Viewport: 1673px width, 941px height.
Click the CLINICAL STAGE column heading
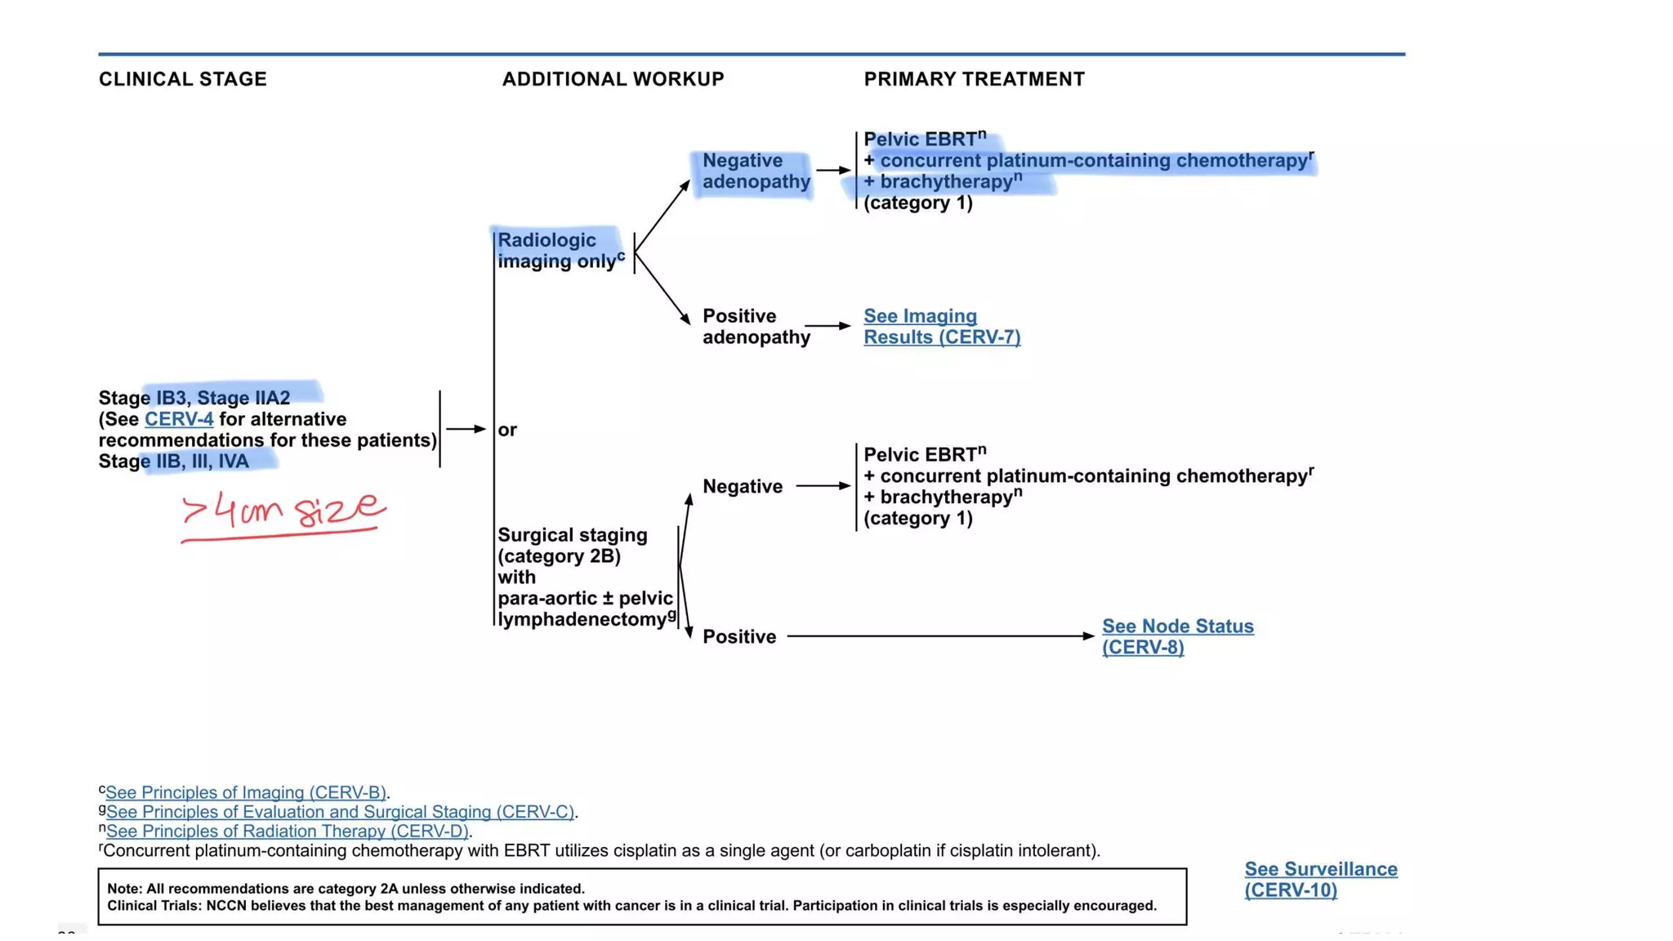tap(182, 79)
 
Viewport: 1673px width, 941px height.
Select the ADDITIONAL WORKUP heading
tap(613, 79)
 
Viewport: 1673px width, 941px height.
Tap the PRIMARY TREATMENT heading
tap(974, 79)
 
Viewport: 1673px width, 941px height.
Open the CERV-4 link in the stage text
tap(179, 419)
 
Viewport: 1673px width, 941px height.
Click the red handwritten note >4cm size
tap(282, 512)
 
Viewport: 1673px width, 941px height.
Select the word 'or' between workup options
tap(507, 430)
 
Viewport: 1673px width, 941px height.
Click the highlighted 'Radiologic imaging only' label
tap(558, 251)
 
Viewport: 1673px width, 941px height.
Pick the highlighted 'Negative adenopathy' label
tap(755, 172)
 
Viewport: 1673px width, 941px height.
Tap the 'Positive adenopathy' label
tap(755, 327)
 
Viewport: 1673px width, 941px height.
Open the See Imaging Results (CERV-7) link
tap(941, 327)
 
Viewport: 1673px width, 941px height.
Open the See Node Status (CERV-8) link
tap(1176, 636)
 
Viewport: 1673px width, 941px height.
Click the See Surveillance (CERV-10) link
tap(1320, 880)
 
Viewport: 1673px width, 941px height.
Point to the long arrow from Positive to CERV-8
tap(939, 636)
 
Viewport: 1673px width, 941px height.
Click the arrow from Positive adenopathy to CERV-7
tap(828, 326)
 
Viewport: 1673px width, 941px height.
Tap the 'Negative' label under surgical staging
tap(742, 487)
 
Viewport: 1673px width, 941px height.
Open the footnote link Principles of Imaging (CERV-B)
tap(245, 792)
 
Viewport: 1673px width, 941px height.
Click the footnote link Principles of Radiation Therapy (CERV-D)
tap(287, 832)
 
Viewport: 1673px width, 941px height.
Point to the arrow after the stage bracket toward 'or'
tap(466, 429)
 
